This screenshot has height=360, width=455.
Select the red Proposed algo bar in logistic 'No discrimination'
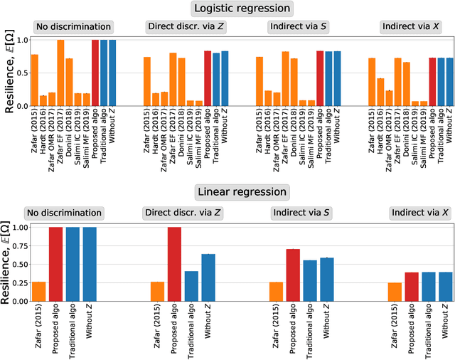[95, 73]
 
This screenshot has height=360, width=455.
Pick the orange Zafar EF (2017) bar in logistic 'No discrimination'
[60, 73]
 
